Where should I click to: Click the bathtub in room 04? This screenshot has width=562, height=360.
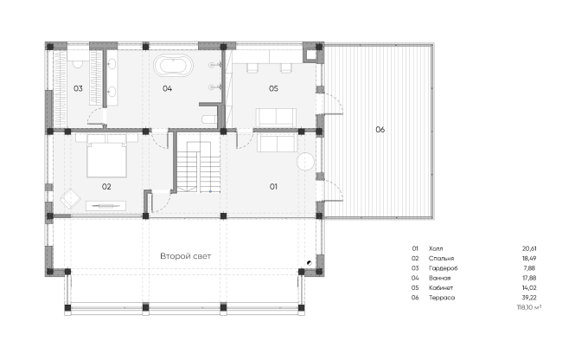click(174, 66)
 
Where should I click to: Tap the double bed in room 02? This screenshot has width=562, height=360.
click(106, 157)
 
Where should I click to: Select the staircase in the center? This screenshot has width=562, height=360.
click(199, 167)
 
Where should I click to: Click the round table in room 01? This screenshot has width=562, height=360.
click(306, 162)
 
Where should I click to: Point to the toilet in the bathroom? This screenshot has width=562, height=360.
click(209, 119)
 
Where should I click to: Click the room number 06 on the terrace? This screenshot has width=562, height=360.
click(380, 130)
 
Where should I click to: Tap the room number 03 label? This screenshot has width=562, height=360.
click(78, 88)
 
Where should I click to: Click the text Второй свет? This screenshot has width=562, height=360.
click(185, 256)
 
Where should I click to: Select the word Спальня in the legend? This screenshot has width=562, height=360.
click(441, 259)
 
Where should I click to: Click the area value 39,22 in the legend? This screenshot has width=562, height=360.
click(529, 298)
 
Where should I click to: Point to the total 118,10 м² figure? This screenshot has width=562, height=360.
click(529, 308)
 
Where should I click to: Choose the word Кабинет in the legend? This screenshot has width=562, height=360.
click(441, 288)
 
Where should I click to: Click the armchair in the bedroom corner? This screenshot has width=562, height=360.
click(70, 198)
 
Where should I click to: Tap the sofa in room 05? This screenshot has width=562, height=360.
click(276, 117)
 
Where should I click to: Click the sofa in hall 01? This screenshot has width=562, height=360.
click(277, 144)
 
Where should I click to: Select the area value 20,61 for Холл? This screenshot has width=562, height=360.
click(529, 248)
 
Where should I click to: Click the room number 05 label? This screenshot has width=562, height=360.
click(273, 88)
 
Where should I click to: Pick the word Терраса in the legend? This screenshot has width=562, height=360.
click(442, 298)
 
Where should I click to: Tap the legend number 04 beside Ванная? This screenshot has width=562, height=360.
click(415, 278)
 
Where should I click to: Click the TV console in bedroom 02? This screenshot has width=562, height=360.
click(105, 206)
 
